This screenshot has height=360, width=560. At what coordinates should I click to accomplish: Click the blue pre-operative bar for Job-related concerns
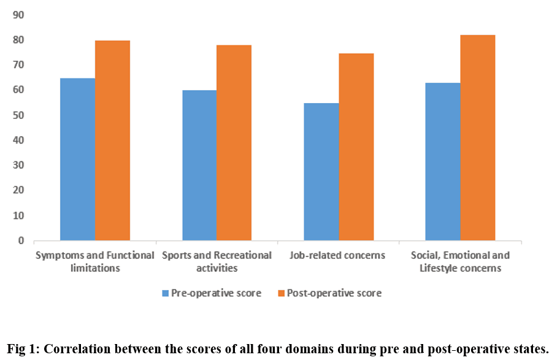tap(321, 172)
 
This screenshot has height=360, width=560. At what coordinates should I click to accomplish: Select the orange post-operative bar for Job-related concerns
tap(356, 147)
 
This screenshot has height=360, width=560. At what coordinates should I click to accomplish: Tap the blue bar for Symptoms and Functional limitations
tap(77, 159)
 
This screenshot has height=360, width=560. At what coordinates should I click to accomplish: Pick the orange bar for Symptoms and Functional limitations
tap(112, 140)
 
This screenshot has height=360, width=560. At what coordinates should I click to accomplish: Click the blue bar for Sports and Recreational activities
tap(199, 166)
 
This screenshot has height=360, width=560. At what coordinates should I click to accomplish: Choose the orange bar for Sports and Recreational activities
tap(234, 143)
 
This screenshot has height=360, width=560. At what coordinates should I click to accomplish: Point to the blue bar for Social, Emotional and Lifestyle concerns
tap(443, 162)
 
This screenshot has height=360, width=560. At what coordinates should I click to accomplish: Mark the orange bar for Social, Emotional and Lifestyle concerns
tap(478, 137)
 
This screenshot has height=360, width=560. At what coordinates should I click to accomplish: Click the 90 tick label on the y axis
tap(18, 15)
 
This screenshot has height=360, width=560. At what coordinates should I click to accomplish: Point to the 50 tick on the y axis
tap(18, 115)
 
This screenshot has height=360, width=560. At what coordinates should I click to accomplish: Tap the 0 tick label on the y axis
tap(21, 240)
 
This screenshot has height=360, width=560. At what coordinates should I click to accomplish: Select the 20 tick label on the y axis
tap(18, 190)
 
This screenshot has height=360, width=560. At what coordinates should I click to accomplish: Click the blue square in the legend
tap(166, 293)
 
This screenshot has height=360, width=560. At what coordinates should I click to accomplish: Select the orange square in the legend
tap(282, 293)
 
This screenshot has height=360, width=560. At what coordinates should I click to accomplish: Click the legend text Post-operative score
tap(334, 293)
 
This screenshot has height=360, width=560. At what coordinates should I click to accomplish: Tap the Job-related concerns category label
tap(337, 255)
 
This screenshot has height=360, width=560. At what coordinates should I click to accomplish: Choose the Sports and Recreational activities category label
tap(217, 262)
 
